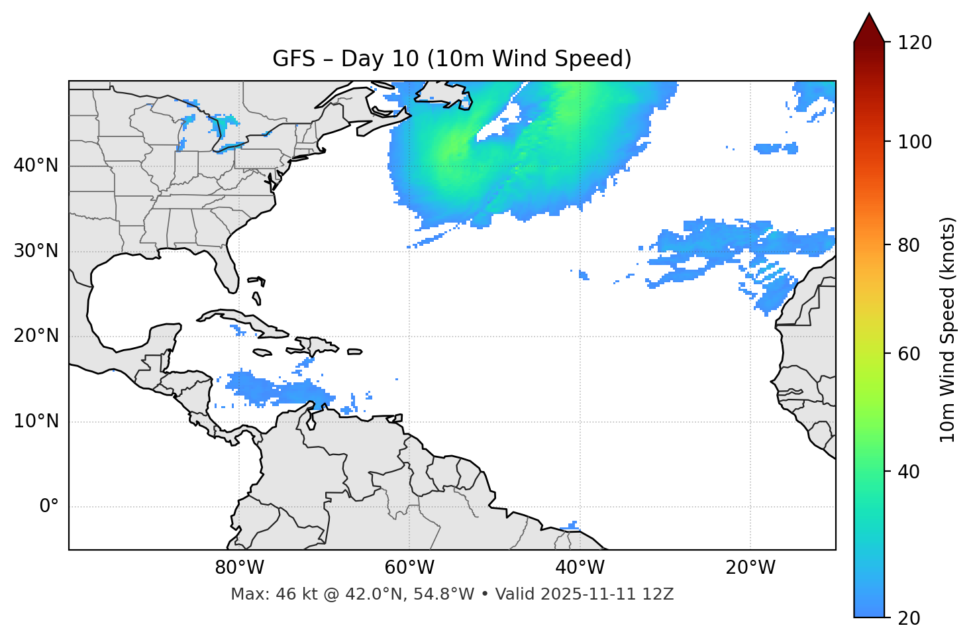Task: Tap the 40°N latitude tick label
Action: click(x=36, y=166)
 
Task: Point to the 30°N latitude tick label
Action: click(x=36, y=251)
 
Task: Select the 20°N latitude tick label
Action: click(x=36, y=336)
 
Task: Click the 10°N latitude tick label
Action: click(x=36, y=421)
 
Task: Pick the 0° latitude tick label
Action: click(x=49, y=507)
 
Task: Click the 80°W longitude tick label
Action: click(x=239, y=568)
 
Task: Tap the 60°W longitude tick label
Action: click(x=409, y=568)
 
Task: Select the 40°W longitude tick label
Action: click(x=580, y=568)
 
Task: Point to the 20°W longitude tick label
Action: click(x=750, y=568)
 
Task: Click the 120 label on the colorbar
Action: click(x=915, y=43)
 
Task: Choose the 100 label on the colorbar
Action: click(x=915, y=142)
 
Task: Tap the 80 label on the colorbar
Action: click(x=909, y=245)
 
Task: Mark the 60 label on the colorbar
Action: click(x=909, y=354)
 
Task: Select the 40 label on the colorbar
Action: click(x=909, y=472)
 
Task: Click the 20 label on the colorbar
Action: click(x=909, y=618)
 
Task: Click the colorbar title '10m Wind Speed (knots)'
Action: click(x=948, y=329)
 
